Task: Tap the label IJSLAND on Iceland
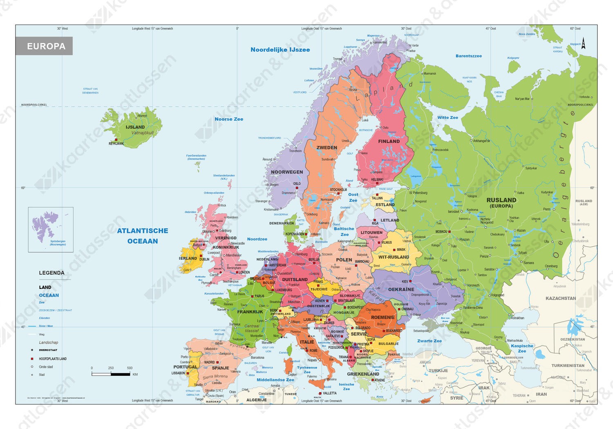click(x=135, y=127)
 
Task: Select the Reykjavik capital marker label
click(x=116, y=143)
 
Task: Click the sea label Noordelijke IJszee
click(x=280, y=50)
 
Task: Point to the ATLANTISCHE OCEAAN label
click(x=143, y=236)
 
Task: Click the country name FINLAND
click(x=389, y=141)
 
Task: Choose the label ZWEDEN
click(x=327, y=147)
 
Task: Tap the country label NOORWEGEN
click(x=287, y=172)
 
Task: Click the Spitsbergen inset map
click(x=51, y=229)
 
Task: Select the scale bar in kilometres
click(x=111, y=373)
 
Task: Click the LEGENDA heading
click(x=51, y=273)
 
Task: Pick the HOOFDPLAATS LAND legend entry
click(x=52, y=359)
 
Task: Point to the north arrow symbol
click(x=583, y=43)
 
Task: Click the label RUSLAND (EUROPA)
click(x=501, y=203)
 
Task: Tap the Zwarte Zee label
click(x=429, y=341)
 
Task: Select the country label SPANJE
click(x=220, y=368)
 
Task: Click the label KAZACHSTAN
click(x=561, y=298)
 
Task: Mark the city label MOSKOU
click(x=441, y=232)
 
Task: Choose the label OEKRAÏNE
click(x=401, y=289)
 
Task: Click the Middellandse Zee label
click(x=275, y=380)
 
